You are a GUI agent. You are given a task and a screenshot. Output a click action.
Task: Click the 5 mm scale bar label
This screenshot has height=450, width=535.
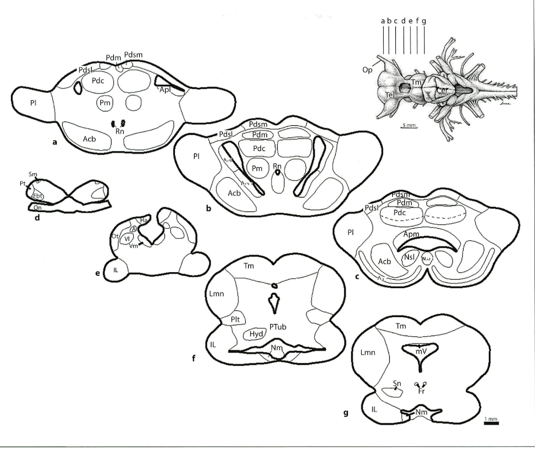pos(408,125)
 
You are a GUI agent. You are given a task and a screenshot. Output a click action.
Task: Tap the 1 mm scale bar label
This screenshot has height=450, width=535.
pos(491,419)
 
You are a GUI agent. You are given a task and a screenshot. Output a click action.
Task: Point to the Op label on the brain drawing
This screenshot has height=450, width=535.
pos(367,70)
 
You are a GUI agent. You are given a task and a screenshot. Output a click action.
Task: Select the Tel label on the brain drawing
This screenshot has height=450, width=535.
pos(389,95)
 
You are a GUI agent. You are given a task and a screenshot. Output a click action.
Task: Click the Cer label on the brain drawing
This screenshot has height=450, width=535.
pos(442,91)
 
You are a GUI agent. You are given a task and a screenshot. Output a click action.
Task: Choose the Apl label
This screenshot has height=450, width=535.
pos(165,89)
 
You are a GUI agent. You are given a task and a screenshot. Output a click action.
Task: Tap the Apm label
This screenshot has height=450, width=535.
pos(411,234)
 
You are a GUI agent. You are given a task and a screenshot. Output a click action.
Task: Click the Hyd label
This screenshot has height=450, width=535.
pos(256,334)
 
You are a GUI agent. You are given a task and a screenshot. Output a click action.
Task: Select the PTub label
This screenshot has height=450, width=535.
pos(278,327)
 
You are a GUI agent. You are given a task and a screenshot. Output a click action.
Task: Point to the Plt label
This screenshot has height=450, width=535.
pos(235,319)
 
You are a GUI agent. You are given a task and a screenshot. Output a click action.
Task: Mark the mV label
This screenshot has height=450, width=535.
pos(421,351)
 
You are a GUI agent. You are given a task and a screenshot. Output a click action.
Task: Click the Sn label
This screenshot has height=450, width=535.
pos(397,383)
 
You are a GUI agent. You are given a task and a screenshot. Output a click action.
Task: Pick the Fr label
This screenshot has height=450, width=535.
pos(421,391)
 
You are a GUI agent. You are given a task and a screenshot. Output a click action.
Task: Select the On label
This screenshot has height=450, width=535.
pos(37,208)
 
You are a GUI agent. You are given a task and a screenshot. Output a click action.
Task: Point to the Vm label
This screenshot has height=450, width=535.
pos(133,246)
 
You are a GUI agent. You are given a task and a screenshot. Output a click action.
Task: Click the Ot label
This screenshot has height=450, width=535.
pos(115,236)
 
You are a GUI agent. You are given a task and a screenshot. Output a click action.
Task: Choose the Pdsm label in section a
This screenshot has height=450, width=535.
pos(133,55)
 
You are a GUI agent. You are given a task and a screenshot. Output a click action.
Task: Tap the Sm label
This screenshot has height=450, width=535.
pos(33,175)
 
